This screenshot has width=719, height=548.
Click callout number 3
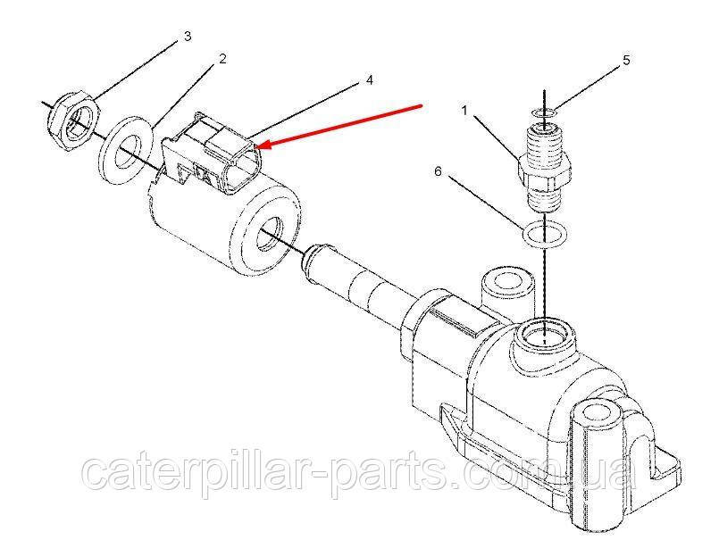coord(187,37)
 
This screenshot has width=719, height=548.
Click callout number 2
coord(222,59)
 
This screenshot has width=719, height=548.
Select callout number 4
coord(369,80)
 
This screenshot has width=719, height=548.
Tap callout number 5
coord(626,60)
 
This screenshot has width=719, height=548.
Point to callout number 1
coord(464,111)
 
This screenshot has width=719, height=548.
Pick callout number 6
coord(438,171)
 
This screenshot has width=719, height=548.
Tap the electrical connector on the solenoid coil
coord(212,154)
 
